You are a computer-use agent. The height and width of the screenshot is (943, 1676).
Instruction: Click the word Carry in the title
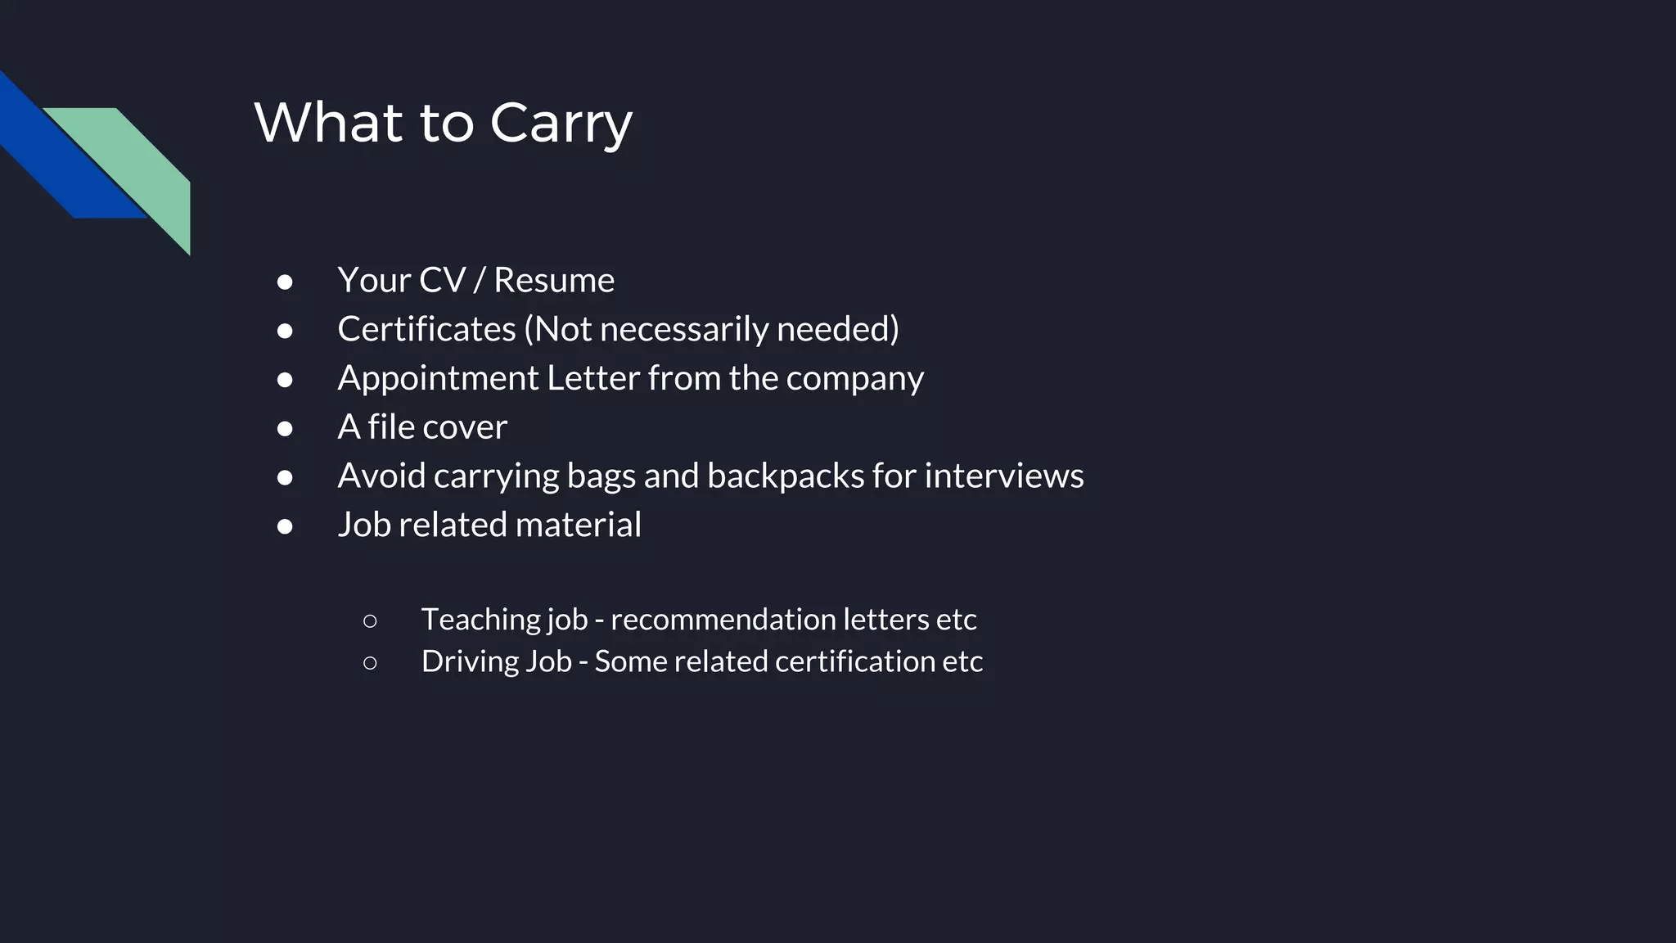click(561, 124)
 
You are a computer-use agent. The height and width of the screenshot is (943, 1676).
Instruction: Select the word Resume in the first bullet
click(553, 280)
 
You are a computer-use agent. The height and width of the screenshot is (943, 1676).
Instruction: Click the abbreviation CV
click(442, 280)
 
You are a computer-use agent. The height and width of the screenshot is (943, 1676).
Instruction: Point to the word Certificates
click(426, 329)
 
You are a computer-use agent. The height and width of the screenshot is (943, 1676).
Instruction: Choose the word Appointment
click(438, 378)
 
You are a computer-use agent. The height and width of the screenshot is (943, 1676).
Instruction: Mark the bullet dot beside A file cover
click(285, 428)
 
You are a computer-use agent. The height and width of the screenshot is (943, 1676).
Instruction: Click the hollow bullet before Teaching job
click(370, 621)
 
